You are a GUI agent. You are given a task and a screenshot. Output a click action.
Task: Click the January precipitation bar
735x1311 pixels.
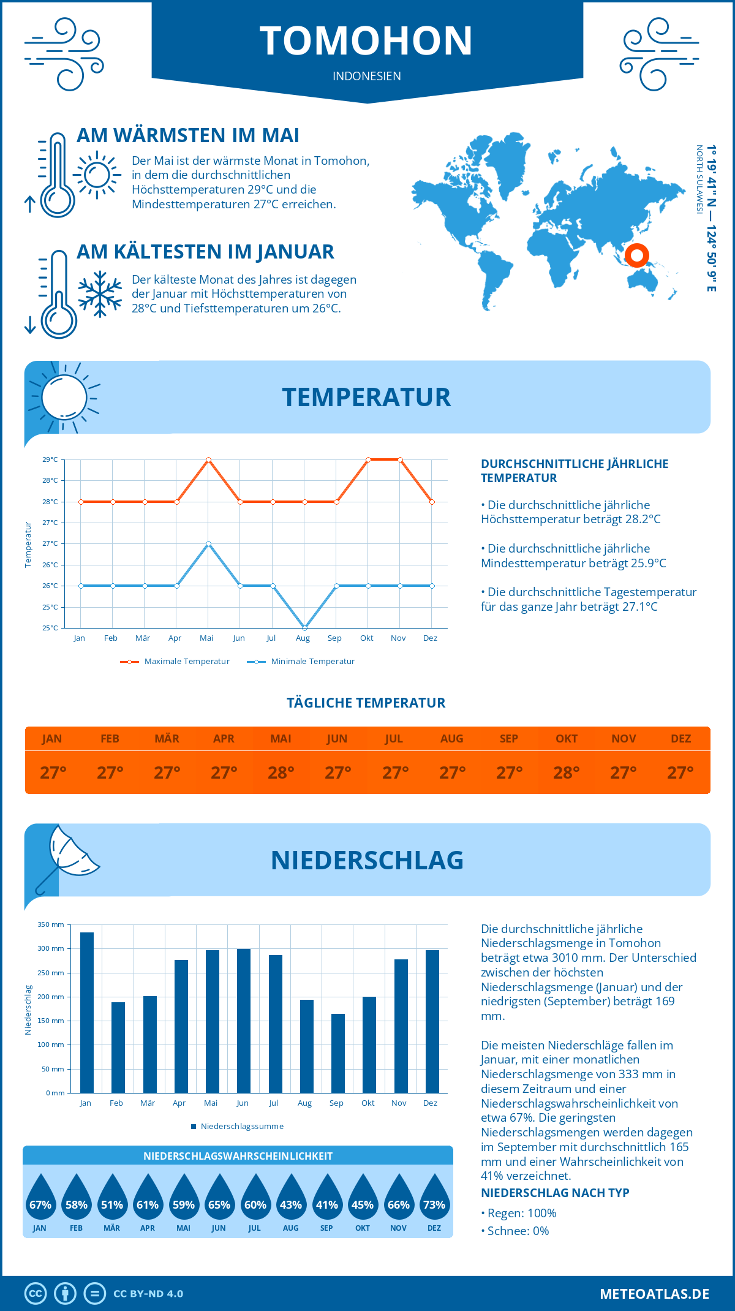[x=87, y=1012]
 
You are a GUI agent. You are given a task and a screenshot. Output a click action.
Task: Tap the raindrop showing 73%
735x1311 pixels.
[x=434, y=1198]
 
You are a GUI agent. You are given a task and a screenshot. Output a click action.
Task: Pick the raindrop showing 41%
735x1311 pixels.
[x=326, y=1198]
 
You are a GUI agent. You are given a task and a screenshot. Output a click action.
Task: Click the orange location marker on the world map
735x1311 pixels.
[x=637, y=255]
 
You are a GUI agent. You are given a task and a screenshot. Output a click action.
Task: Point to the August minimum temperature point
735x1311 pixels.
[x=304, y=628]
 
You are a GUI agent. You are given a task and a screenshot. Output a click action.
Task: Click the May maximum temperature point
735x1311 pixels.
[x=208, y=459]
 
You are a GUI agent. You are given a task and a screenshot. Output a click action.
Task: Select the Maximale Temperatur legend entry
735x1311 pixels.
[x=175, y=662]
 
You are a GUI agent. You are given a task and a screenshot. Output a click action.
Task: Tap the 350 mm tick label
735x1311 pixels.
[x=51, y=924]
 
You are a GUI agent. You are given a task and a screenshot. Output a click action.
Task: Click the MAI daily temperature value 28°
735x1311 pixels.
[x=281, y=773]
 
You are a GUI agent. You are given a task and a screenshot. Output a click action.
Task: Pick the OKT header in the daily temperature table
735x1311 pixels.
[x=566, y=739]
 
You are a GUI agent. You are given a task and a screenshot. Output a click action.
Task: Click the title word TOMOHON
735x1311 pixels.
[x=366, y=40]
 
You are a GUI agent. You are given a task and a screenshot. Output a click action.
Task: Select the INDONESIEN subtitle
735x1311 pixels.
[x=366, y=76]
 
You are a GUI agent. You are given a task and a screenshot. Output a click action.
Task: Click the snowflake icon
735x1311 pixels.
[x=100, y=294]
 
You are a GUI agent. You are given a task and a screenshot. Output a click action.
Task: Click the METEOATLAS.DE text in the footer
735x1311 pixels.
[x=654, y=1294]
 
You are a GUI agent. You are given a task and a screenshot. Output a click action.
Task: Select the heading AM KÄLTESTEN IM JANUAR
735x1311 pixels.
[x=205, y=252]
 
